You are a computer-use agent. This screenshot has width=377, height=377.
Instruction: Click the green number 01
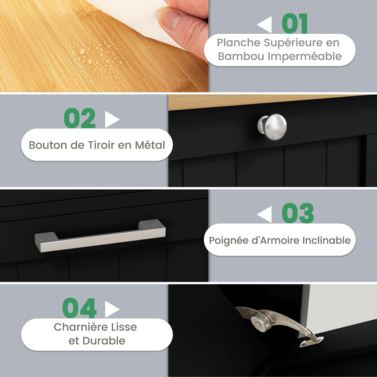pos(295,24)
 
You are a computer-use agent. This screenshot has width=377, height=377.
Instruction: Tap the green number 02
pos(80,118)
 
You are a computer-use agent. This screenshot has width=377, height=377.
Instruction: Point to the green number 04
pos(79,308)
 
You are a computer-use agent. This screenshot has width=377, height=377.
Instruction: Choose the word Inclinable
pos(326,240)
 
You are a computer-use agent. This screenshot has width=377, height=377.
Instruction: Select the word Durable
pos(104,341)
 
